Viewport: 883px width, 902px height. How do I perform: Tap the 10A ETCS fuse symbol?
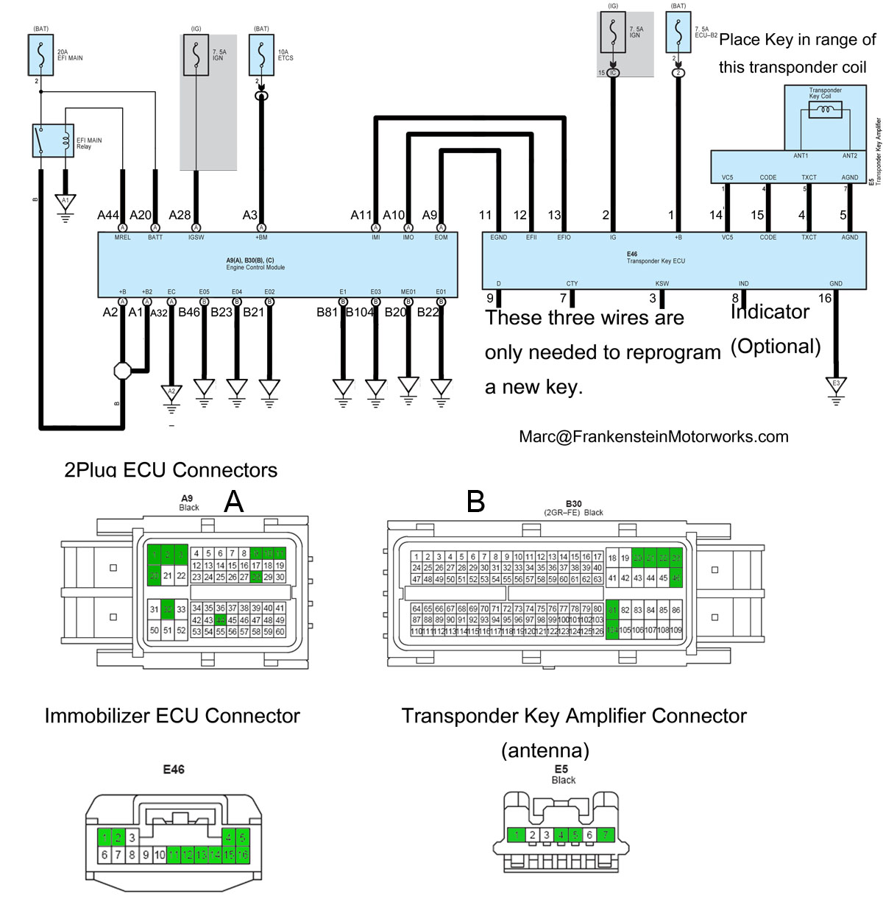261,54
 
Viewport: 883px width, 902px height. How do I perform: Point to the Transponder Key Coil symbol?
825,110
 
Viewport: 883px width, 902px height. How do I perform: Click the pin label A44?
107,215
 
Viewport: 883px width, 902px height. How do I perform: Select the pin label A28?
180,215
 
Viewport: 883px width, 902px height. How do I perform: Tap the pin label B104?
360,312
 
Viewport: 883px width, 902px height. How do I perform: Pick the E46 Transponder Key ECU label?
655,258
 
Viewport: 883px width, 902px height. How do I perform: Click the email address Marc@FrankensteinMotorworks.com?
653,436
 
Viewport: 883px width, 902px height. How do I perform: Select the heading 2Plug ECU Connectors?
171,469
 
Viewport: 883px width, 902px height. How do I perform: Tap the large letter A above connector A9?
233,502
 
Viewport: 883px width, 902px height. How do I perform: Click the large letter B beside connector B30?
476,502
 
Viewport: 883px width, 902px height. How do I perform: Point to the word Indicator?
770,312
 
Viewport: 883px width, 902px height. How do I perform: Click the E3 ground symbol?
836,385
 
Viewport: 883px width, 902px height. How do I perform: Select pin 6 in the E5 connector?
589,835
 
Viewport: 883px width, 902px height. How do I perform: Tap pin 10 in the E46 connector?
160,855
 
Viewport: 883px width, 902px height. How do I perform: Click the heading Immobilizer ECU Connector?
172,716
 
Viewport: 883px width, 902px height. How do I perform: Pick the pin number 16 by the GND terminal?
825,298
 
